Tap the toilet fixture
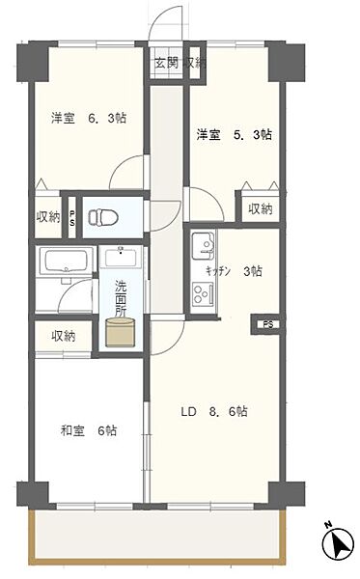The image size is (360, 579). [x=103, y=217]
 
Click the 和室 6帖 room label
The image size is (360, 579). [x=92, y=431]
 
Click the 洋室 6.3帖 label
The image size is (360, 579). [x=89, y=119]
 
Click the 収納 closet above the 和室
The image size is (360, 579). [x=64, y=336]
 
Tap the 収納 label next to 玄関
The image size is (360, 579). [x=196, y=64]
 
